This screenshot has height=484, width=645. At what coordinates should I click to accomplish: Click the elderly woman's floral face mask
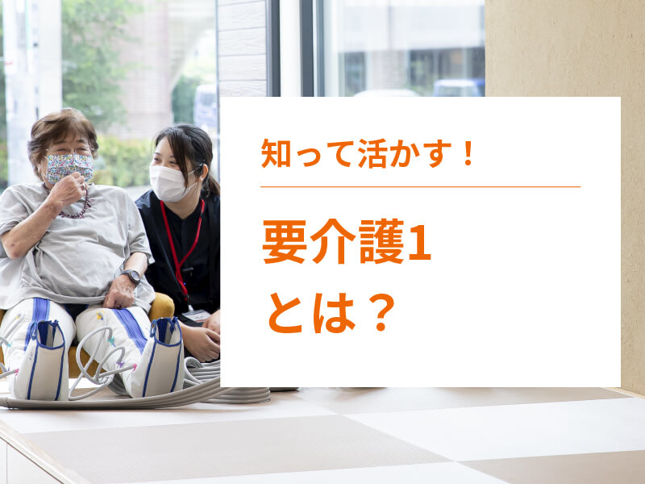pos(69,168)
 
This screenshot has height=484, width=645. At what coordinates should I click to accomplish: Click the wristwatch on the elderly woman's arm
pos(131,276)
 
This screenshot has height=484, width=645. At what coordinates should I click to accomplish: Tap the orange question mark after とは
pos(381,313)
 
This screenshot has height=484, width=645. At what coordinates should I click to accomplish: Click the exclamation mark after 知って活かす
pos(467,153)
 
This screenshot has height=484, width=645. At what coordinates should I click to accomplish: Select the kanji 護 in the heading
pos(381,242)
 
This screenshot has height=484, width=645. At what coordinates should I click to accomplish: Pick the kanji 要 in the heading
pos(285,242)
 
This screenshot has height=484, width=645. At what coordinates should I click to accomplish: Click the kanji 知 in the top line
pos(276,153)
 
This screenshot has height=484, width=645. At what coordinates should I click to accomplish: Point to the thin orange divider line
pos(420,186)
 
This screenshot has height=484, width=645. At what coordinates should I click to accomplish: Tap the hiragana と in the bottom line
pos(286,313)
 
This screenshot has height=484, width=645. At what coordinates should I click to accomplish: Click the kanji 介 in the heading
pos(333,242)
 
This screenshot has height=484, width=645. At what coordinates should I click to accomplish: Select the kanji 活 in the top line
pos(372,153)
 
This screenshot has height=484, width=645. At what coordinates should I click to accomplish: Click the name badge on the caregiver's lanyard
pos(196,315)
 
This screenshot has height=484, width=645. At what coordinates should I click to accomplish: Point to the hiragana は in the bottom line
pos(334,313)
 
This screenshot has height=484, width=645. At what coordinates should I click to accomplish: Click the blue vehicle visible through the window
pos(459,87)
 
